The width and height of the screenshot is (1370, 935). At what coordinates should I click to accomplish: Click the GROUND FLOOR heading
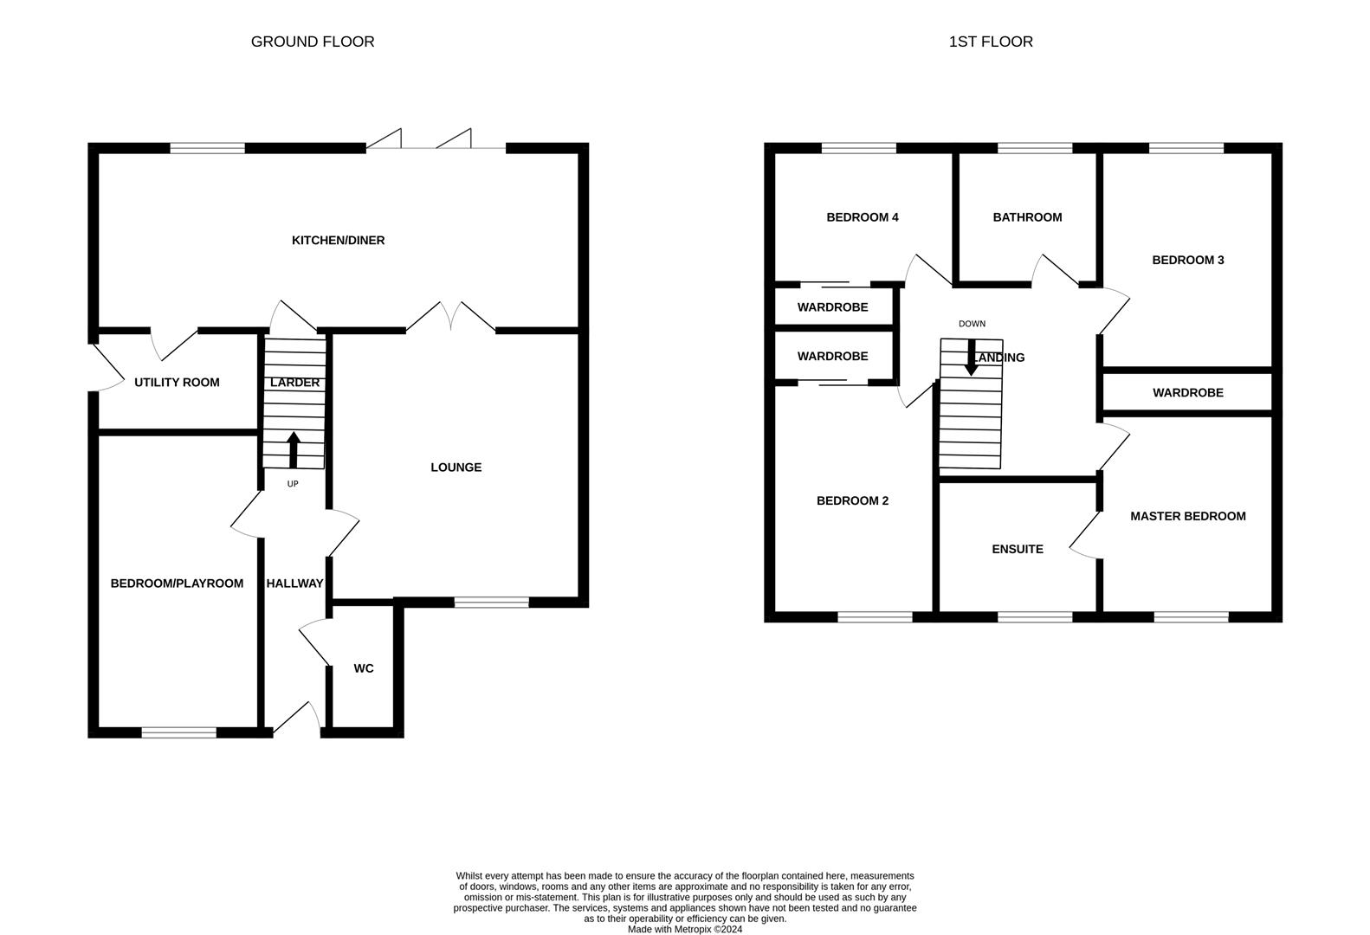(313, 42)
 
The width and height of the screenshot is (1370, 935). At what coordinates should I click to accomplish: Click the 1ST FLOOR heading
(991, 42)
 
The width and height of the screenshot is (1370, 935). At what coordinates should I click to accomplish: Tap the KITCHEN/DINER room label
(338, 240)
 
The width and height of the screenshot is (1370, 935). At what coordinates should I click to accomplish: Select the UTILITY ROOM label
(177, 382)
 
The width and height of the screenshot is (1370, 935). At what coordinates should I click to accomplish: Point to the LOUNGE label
(456, 467)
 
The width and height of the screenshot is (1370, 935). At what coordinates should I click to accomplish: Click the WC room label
(364, 668)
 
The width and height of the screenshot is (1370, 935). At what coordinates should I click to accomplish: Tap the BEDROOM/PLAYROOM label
(177, 584)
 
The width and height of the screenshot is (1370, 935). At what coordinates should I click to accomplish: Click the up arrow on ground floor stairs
(293, 448)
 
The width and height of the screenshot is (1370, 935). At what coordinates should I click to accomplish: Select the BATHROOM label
(1027, 217)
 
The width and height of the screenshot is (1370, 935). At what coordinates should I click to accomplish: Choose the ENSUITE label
(1018, 549)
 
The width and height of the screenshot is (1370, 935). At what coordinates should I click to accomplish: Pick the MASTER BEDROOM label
(1187, 516)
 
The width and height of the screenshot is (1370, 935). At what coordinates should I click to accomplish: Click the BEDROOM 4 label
(862, 217)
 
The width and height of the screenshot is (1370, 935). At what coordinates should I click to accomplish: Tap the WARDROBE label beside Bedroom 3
(1187, 393)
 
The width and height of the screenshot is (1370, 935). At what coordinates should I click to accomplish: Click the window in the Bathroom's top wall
(1035, 148)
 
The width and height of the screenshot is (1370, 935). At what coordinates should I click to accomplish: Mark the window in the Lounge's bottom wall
(491, 603)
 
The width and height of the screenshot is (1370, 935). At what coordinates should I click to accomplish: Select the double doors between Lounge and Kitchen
(450, 317)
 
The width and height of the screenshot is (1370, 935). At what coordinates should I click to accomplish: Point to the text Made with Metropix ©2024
(684, 930)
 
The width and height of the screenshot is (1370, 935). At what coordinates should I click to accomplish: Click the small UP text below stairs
(293, 484)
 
